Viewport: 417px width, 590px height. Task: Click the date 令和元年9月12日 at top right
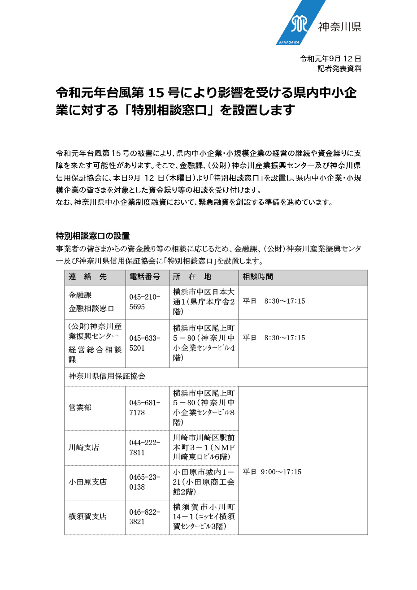coord(330,59)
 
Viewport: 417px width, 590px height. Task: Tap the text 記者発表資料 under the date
coord(339,69)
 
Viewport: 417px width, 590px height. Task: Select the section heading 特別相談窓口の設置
coord(93,236)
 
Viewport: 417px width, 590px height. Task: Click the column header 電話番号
coord(144,277)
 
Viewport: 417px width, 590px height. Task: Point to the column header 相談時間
coord(258,277)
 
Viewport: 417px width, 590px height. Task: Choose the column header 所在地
coord(192,277)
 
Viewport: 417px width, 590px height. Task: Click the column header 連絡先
coord(87,277)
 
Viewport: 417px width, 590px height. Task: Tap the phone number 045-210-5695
coord(144,302)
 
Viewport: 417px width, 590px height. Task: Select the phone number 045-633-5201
coord(144,343)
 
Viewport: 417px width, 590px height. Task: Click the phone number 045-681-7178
coord(144,408)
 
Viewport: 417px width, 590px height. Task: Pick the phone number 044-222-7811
coord(144,447)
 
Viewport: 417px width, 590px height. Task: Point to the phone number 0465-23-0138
coord(144,482)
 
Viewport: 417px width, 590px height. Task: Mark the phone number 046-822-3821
coord(144,516)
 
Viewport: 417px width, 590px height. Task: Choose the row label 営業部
coord(80,408)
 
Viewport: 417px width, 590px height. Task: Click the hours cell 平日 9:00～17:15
coord(272,472)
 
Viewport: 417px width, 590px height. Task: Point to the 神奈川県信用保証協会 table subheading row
coord(107,377)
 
